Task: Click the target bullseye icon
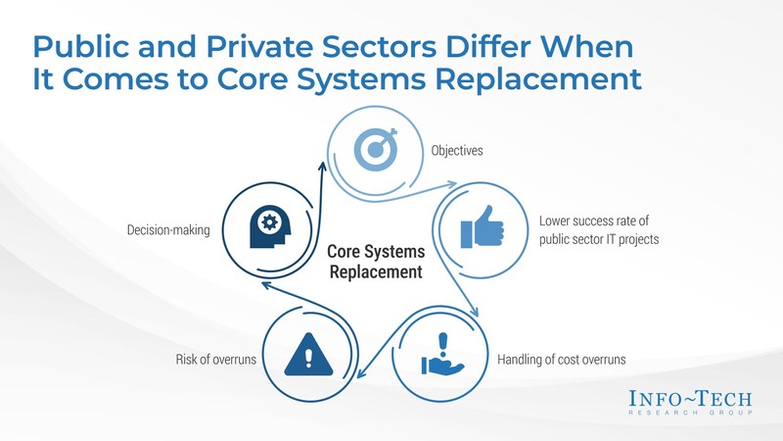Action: point(376,149)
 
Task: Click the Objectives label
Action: point(457,151)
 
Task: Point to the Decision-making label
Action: point(168,230)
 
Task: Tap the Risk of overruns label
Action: point(215,359)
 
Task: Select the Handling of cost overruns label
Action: point(561,359)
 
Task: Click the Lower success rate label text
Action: point(599,230)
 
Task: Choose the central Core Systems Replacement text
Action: point(376,262)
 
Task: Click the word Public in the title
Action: point(81,46)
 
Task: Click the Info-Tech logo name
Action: point(690,399)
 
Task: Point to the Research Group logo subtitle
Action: point(690,413)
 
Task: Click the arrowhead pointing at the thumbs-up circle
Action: point(451,184)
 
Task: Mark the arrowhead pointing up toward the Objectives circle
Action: point(322,166)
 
